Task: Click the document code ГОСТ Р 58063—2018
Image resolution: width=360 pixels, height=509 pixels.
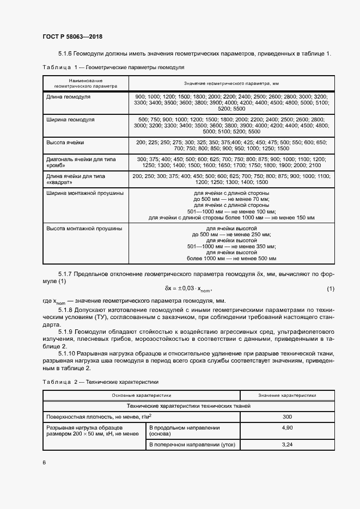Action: pyautogui.click(x=72, y=36)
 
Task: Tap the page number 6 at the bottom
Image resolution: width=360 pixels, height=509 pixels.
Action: pyautogui.click(x=44, y=462)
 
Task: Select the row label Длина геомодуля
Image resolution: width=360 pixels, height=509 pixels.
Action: pyautogui.click(x=69, y=96)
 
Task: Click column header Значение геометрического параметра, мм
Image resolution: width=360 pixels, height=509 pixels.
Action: pyautogui.click(x=231, y=83)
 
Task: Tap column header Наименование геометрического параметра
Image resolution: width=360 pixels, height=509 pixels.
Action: pyautogui.click(x=86, y=83)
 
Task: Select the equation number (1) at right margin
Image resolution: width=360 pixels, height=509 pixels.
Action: pyautogui.click(x=330, y=288)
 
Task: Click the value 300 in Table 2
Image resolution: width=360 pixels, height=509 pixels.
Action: pyautogui.click(x=286, y=416)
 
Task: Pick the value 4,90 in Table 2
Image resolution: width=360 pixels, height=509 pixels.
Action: pyautogui.click(x=286, y=428)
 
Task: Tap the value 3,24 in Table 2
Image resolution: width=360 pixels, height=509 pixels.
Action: pyautogui.click(x=286, y=445)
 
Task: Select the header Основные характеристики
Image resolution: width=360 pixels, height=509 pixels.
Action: pyautogui.click(x=142, y=395)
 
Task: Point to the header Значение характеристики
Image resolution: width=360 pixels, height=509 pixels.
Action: pyautogui.click(x=286, y=395)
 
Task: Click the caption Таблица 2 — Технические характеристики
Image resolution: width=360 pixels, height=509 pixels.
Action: pyautogui.click(x=101, y=382)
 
